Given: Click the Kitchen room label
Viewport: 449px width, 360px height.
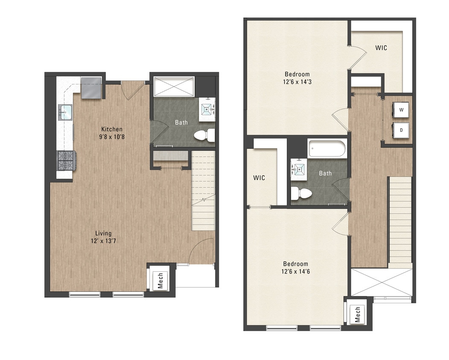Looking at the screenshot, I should pos(112,129).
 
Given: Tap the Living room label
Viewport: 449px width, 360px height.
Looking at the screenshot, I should pos(104,233).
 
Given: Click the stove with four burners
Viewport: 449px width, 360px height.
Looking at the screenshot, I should pos(67,161).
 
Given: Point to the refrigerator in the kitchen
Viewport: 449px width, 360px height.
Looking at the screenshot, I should pos(91,87).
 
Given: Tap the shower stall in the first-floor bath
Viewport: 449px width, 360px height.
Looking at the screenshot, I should pos(174,87).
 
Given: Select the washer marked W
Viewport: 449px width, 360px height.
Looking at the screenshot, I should pos(401,110).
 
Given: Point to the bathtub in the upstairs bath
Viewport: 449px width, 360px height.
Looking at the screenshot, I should pos(328,149).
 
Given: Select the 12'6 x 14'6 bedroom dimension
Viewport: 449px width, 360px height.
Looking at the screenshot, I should pos(295,271).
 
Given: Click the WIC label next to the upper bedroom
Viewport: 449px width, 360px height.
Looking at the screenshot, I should pos(381,48).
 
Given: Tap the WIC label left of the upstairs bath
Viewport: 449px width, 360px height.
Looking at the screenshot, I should pos(259,177).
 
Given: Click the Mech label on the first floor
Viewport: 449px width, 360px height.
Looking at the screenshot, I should pos(160,280).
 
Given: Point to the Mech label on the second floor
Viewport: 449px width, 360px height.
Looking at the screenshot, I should pos(358,314).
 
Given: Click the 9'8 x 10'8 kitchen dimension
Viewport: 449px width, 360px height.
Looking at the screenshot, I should pos(112,137).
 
